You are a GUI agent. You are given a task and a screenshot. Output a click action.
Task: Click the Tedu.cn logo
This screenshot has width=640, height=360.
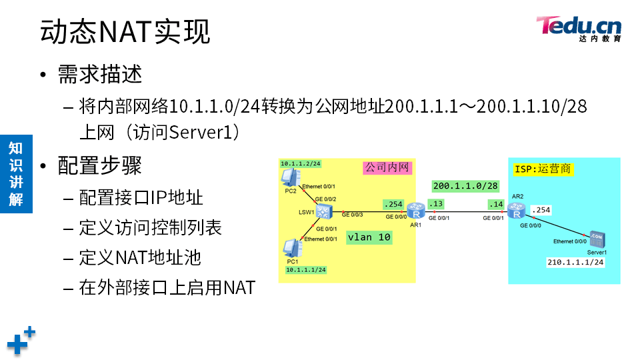click(578, 28)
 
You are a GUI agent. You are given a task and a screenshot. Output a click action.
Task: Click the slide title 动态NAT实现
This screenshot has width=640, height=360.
click(125, 31)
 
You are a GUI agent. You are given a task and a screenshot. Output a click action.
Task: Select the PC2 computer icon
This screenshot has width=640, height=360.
click(290, 179)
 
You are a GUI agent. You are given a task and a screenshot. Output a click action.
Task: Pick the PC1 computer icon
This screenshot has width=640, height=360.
click(291, 248)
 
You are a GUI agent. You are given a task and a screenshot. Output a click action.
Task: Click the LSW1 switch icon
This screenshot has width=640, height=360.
click(325, 212)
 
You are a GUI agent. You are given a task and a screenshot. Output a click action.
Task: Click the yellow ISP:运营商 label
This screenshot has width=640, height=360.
click(543, 169)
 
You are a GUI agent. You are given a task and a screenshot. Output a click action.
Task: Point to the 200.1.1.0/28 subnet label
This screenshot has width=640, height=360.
click(465, 185)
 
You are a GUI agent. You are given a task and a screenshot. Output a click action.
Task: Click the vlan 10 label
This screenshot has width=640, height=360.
click(369, 237)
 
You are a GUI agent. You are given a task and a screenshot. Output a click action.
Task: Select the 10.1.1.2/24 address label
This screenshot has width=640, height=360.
click(300, 163)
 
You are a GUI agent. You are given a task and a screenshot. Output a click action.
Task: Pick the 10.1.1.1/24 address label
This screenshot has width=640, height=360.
click(305, 270)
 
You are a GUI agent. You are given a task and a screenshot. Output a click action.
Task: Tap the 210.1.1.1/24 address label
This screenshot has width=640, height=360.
click(575, 263)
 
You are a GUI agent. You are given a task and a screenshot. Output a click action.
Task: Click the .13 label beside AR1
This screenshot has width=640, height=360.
click(436, 203)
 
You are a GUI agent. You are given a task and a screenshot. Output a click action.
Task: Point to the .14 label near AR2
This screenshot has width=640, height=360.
click(496, 203)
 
